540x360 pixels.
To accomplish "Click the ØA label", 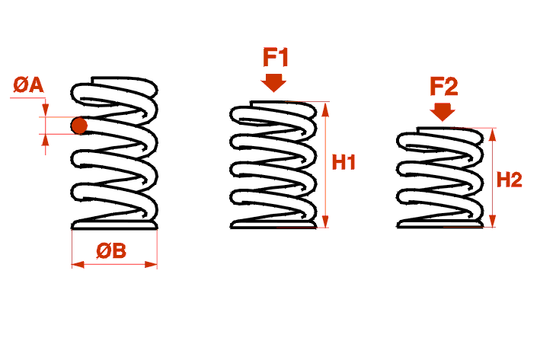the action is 29,85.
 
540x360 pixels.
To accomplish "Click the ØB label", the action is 111,250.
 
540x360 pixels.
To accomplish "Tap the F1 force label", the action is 276,58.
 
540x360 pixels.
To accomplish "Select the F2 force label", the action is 444,87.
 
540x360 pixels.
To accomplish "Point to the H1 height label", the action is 343,162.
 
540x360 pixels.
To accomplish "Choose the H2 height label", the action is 510,180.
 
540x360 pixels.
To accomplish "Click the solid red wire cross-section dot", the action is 79,126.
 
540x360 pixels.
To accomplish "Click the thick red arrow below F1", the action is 273,83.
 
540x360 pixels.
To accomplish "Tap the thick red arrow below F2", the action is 443,112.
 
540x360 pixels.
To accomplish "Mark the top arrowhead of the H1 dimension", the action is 325,109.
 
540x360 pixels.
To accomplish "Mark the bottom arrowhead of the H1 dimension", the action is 325,221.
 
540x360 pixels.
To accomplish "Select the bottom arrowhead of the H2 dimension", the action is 493,221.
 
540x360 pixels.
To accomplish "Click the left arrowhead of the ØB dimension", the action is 78,264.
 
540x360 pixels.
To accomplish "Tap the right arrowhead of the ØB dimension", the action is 151,264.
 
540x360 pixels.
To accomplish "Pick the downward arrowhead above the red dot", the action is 46,110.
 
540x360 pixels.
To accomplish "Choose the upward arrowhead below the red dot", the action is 46,140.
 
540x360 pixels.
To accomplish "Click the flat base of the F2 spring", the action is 440,225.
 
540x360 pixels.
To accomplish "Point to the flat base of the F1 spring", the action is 273,225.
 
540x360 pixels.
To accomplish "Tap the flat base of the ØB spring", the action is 114,225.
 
